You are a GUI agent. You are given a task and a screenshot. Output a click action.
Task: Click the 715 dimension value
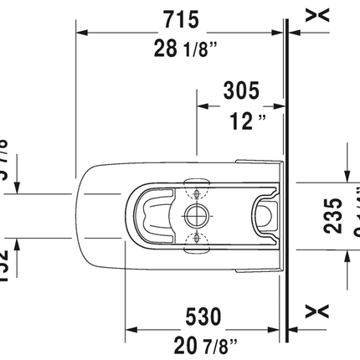tap(179, 16)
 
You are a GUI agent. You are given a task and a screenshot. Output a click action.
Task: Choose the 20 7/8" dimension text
tap(202, 344)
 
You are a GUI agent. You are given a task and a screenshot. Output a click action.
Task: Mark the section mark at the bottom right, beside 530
tap(315, 312)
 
